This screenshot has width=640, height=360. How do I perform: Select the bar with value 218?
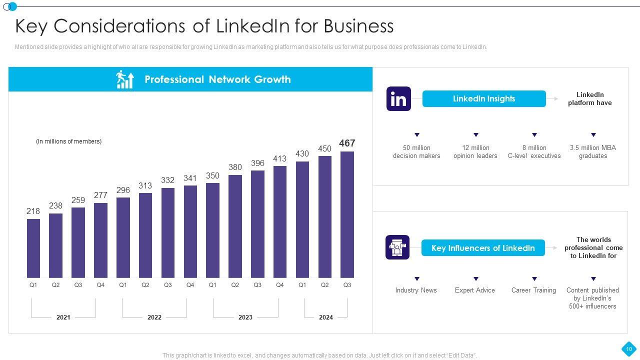pyautogui.click(x=33, y=248)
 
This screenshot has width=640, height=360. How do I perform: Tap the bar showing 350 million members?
pyautogui.click(x=212, y=230)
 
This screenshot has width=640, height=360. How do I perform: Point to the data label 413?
pyautogui.click(x=279, y=159)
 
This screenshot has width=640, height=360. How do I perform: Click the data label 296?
pyautogui.click(x=123, y=190)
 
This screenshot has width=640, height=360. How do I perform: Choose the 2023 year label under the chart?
pyautogui.click(x=245, y=317)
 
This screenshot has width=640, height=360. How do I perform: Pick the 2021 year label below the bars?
pyautogui.click(x=63, y=317)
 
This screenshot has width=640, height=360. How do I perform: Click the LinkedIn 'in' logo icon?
pyautogui.click(x=398, y=98)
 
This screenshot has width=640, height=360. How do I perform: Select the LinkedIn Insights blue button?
pyautogui.click(x=483, y=99)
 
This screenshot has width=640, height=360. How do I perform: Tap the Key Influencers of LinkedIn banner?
pyautogui.click(x=482, y=248)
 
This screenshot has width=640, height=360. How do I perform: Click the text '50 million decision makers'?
pyautogui.click(x=416, y=151)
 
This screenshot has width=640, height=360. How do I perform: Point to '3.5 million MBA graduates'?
pyautogui.click(x=593, y=151)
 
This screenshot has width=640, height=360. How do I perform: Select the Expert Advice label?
pyautogui.click(x=475, y=290)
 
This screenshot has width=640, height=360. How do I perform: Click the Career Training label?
pyautogui.click(x=533, y=290)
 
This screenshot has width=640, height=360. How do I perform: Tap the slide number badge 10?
pyautogui.click(x=628, y=348)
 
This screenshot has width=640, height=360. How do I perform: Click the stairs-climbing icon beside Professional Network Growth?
pyautogui.click(x=125, y=79)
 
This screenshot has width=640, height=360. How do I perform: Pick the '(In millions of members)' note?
pyautogui.click(x=68, y=141)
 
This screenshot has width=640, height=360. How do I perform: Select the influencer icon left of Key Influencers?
pyautogui.click(x=397, y=247)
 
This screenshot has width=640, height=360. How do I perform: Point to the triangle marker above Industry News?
pyautogui.click(x=417, y=279)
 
